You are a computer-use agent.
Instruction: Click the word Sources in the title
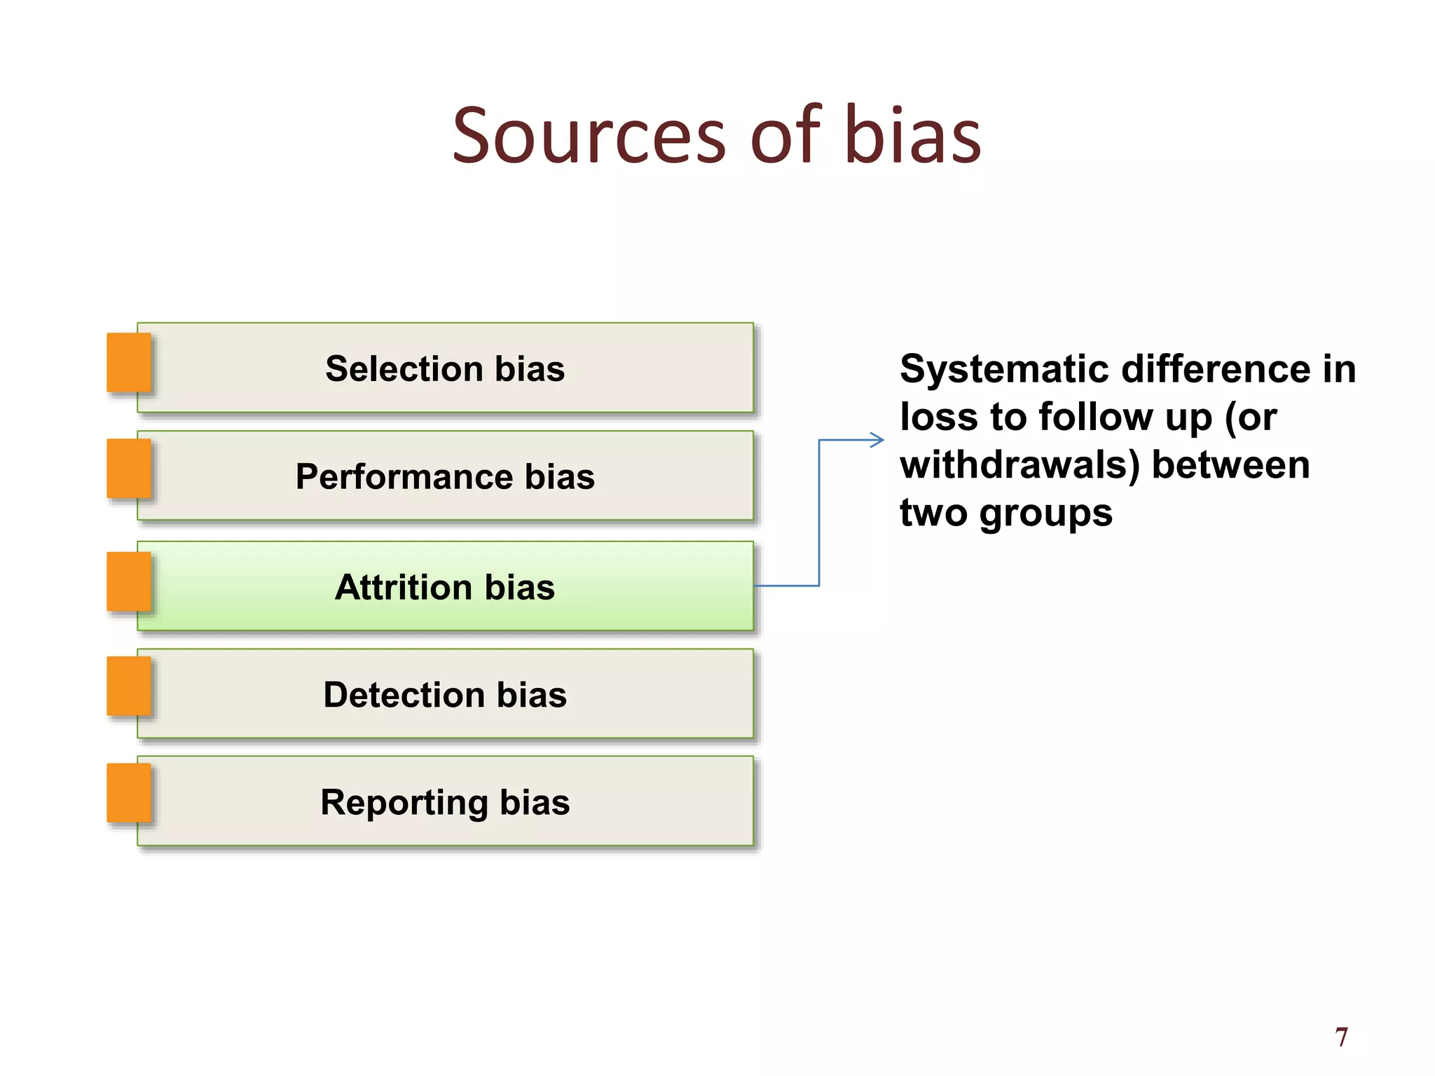click(x=589, y=136)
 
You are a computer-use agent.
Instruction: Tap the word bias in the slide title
click(x=912, y=136)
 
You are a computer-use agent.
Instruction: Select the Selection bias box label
click(x=445, y=369)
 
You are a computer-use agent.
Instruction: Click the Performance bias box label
click(x=445, y=477)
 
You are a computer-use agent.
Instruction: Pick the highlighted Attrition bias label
click(x=445, y=587)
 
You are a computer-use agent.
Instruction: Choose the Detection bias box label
click(x=445, y=695)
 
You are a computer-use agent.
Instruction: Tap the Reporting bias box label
click(x=445, y=803)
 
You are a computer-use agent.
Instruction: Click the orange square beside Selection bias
click(x=129, y=362)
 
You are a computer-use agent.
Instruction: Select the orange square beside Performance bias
click(x=129, y=469)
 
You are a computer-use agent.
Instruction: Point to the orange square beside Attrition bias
click(x=129, y=581)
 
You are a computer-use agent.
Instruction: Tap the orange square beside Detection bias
click(x=129, y=687)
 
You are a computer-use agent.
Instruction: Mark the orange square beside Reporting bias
click(x=129, y=793)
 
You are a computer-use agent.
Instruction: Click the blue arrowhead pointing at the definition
click(x=877, y=440)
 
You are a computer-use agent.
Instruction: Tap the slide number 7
click(x=1341, y=1037)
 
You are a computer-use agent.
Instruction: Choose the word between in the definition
click(x=1230, y=465)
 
